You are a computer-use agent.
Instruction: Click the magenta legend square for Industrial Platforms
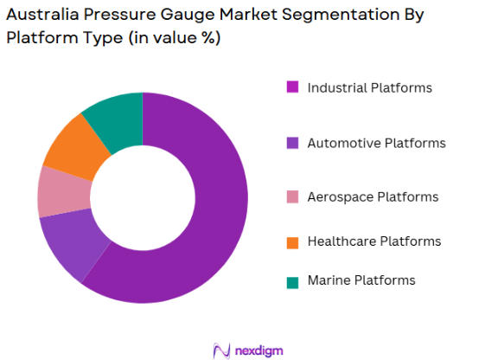tap(293, 87)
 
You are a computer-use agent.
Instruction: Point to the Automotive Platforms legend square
tap(293, 143)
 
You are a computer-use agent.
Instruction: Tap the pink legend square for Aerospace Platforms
tap(293, 197)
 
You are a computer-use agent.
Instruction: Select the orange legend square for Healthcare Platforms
tap(293, 241)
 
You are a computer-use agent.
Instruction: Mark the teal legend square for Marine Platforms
tap(293, 280)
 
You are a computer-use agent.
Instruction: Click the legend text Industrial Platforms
tap(369, 87)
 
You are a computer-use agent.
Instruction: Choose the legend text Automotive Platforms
tap(376, 143)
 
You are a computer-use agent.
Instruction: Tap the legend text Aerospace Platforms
tap(373, 197)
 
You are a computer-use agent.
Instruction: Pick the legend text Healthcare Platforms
tap(374, 241)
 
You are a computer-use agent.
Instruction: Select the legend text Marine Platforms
tap(361, 280)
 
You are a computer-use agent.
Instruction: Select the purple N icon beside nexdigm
tap(221, 350)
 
